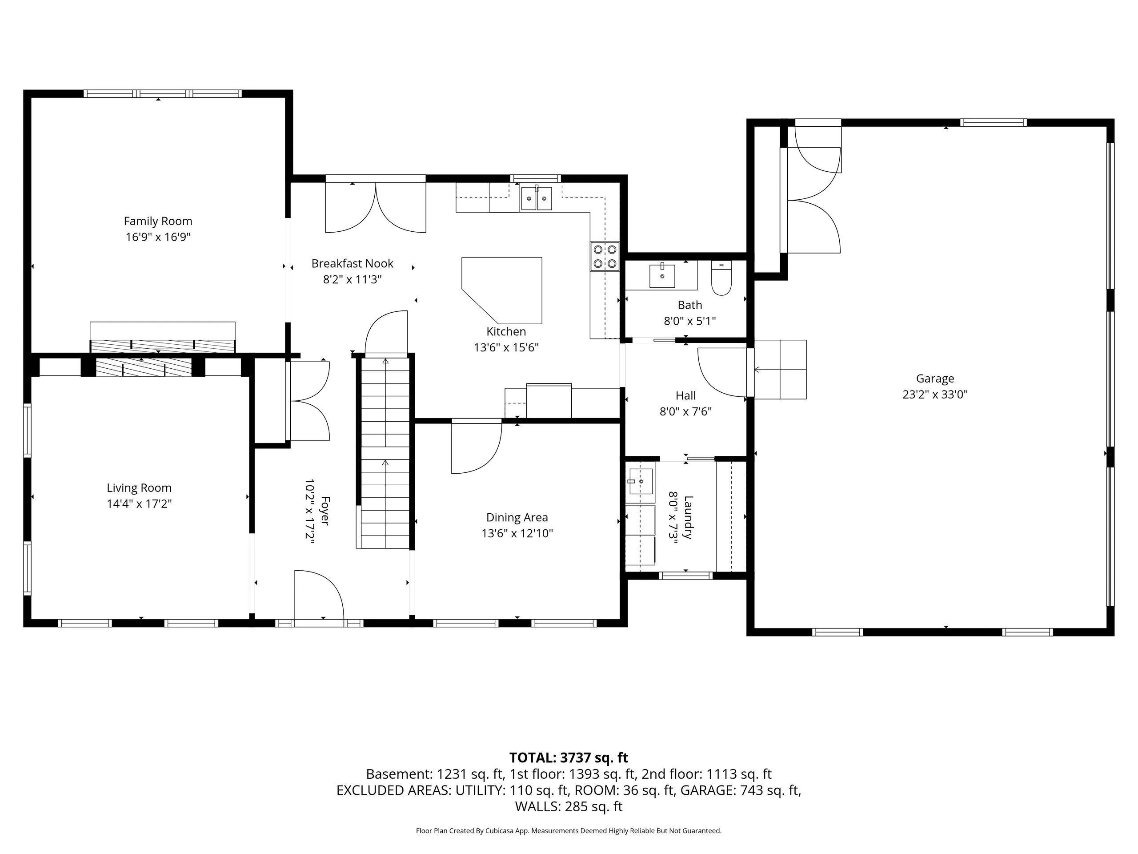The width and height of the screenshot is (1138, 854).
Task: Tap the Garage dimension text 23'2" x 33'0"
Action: click(935, 395)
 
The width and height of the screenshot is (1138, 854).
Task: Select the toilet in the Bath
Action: click(721, 278)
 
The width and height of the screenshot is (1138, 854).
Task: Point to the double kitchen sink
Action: click(537, 198)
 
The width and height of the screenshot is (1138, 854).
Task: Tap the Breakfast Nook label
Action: click(353, 264)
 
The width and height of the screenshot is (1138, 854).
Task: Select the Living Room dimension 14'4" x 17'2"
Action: click(139, 504)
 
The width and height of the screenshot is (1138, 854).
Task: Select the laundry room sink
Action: click(640, 481)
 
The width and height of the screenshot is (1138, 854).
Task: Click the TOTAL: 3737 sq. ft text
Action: click(569, 758)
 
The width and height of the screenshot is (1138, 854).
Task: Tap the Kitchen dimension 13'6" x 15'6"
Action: click(506, 347)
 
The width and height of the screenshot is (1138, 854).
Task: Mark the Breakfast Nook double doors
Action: click(376, 206)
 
